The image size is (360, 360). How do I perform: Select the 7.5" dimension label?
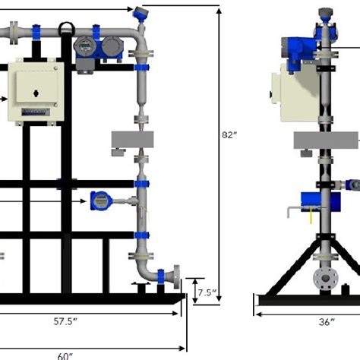pyautogui.click(x=207, y=292)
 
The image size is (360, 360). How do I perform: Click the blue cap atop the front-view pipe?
pyautogui.click(x=141, y=12)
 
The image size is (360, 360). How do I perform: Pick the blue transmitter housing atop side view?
pyautogui.click(x=298, y=49)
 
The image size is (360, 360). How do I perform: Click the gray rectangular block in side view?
pyautogui.click(x=325, y=139)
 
